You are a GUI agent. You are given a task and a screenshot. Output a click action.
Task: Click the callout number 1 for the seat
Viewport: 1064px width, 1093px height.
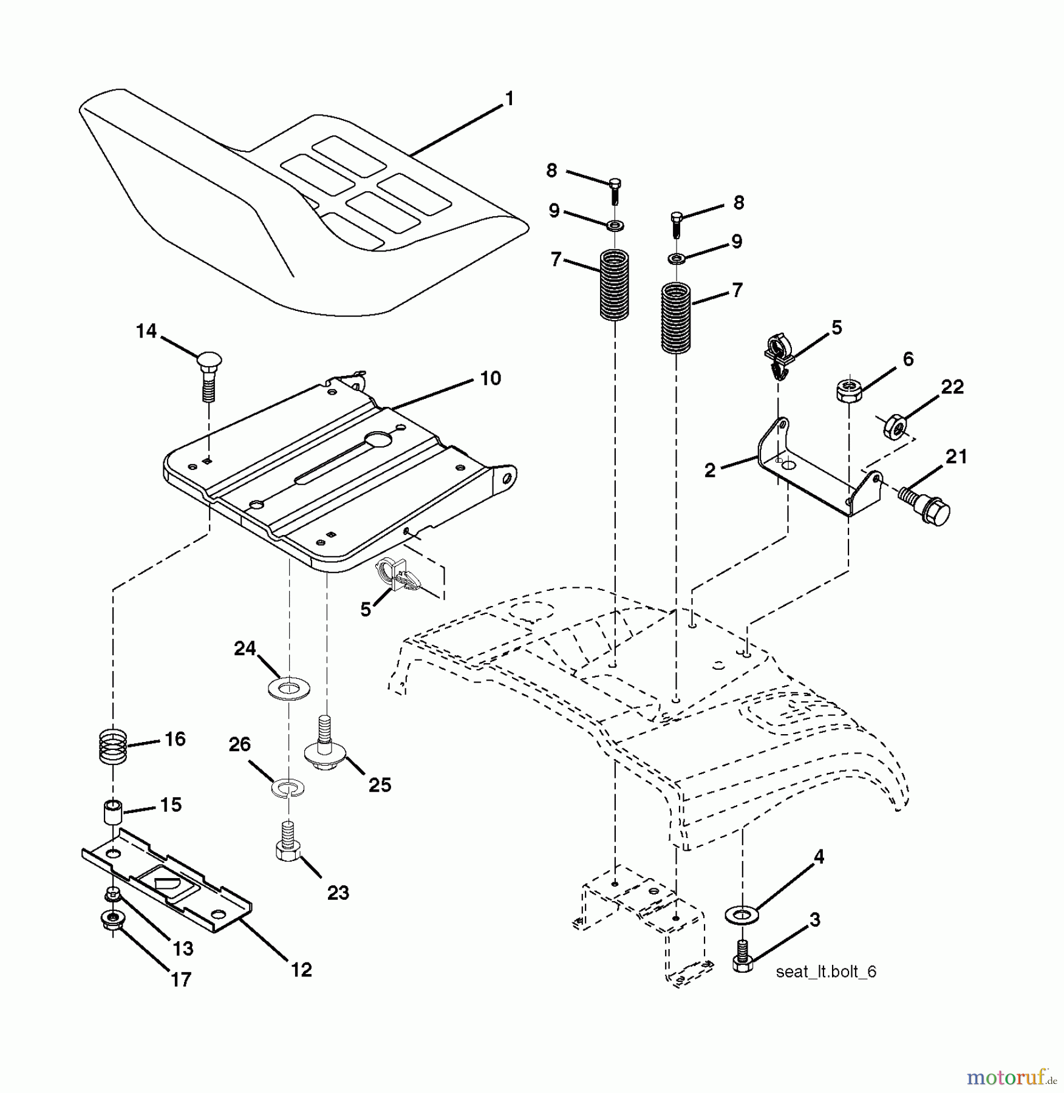point(510,98)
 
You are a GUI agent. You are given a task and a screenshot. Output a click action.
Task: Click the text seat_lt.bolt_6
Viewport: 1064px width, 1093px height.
point(825,972)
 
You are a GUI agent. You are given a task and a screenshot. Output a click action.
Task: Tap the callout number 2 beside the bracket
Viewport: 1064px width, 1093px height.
point(710,470)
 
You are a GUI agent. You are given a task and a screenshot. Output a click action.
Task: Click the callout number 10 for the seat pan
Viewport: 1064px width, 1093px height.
point(490,378)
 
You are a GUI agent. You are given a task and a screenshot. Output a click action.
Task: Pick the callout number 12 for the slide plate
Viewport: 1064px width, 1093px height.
point(301,970)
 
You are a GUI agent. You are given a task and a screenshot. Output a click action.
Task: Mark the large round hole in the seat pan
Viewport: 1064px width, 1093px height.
point(380,439)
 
